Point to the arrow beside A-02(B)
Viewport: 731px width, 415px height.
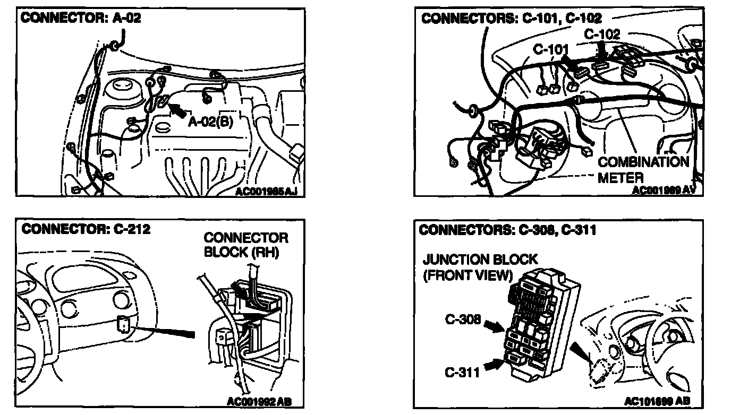point(178,109)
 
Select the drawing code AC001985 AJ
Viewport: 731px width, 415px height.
point(267,191)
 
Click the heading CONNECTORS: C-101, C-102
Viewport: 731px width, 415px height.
point(511,19)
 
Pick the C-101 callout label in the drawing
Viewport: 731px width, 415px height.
point(550,49)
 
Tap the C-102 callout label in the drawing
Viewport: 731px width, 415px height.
point(602,34)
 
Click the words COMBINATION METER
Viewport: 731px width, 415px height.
point(643,169)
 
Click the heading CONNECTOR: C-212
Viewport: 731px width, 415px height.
point(86,229)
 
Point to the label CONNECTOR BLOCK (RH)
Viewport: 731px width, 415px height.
point(246,245)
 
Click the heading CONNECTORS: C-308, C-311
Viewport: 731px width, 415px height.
point(507,230)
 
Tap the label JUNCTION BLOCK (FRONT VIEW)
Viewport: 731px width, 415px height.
point(480,267)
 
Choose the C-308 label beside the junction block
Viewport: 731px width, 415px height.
point(463,319)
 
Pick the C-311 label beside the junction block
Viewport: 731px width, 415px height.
point(462,372)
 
